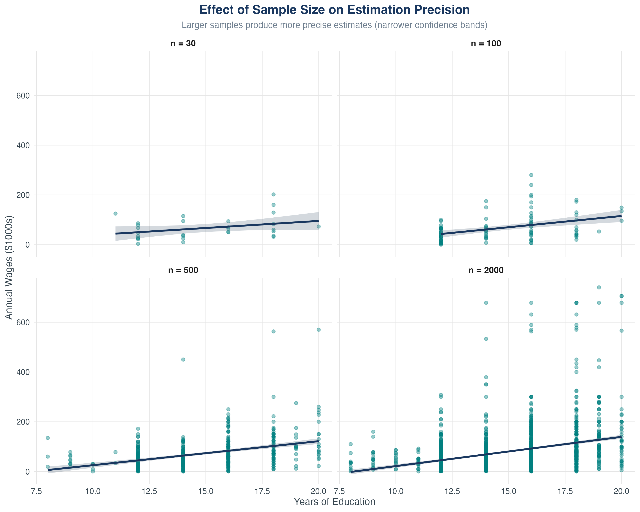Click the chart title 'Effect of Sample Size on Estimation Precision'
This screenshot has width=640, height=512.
[x=335, y=10]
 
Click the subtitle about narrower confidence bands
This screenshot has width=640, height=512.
[x=335, y=25]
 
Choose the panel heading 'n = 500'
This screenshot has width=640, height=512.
[x=183, y=270]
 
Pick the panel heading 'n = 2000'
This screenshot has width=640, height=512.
[x=486, y=270]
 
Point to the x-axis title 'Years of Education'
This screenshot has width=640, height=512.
[x=335, y=502]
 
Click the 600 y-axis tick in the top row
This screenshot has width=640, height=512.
[x=23, y=96]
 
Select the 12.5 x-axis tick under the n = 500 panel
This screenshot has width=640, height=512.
[x=149, y=491]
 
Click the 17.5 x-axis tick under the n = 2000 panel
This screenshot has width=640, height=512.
[x=565, y=491]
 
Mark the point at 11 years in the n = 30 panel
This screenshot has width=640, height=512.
[x=115, y=213]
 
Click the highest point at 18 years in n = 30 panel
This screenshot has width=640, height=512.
[x=273, y=194]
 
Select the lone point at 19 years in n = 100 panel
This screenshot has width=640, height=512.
[x=599, y=231]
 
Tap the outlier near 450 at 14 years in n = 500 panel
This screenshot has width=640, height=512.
[x=183, y=359]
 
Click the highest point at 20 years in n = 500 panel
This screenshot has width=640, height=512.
[x=319, y=329]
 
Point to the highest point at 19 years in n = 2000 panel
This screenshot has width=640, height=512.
[x=599, y=287]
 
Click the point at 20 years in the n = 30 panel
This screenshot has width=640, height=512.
[x=319, y=227]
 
